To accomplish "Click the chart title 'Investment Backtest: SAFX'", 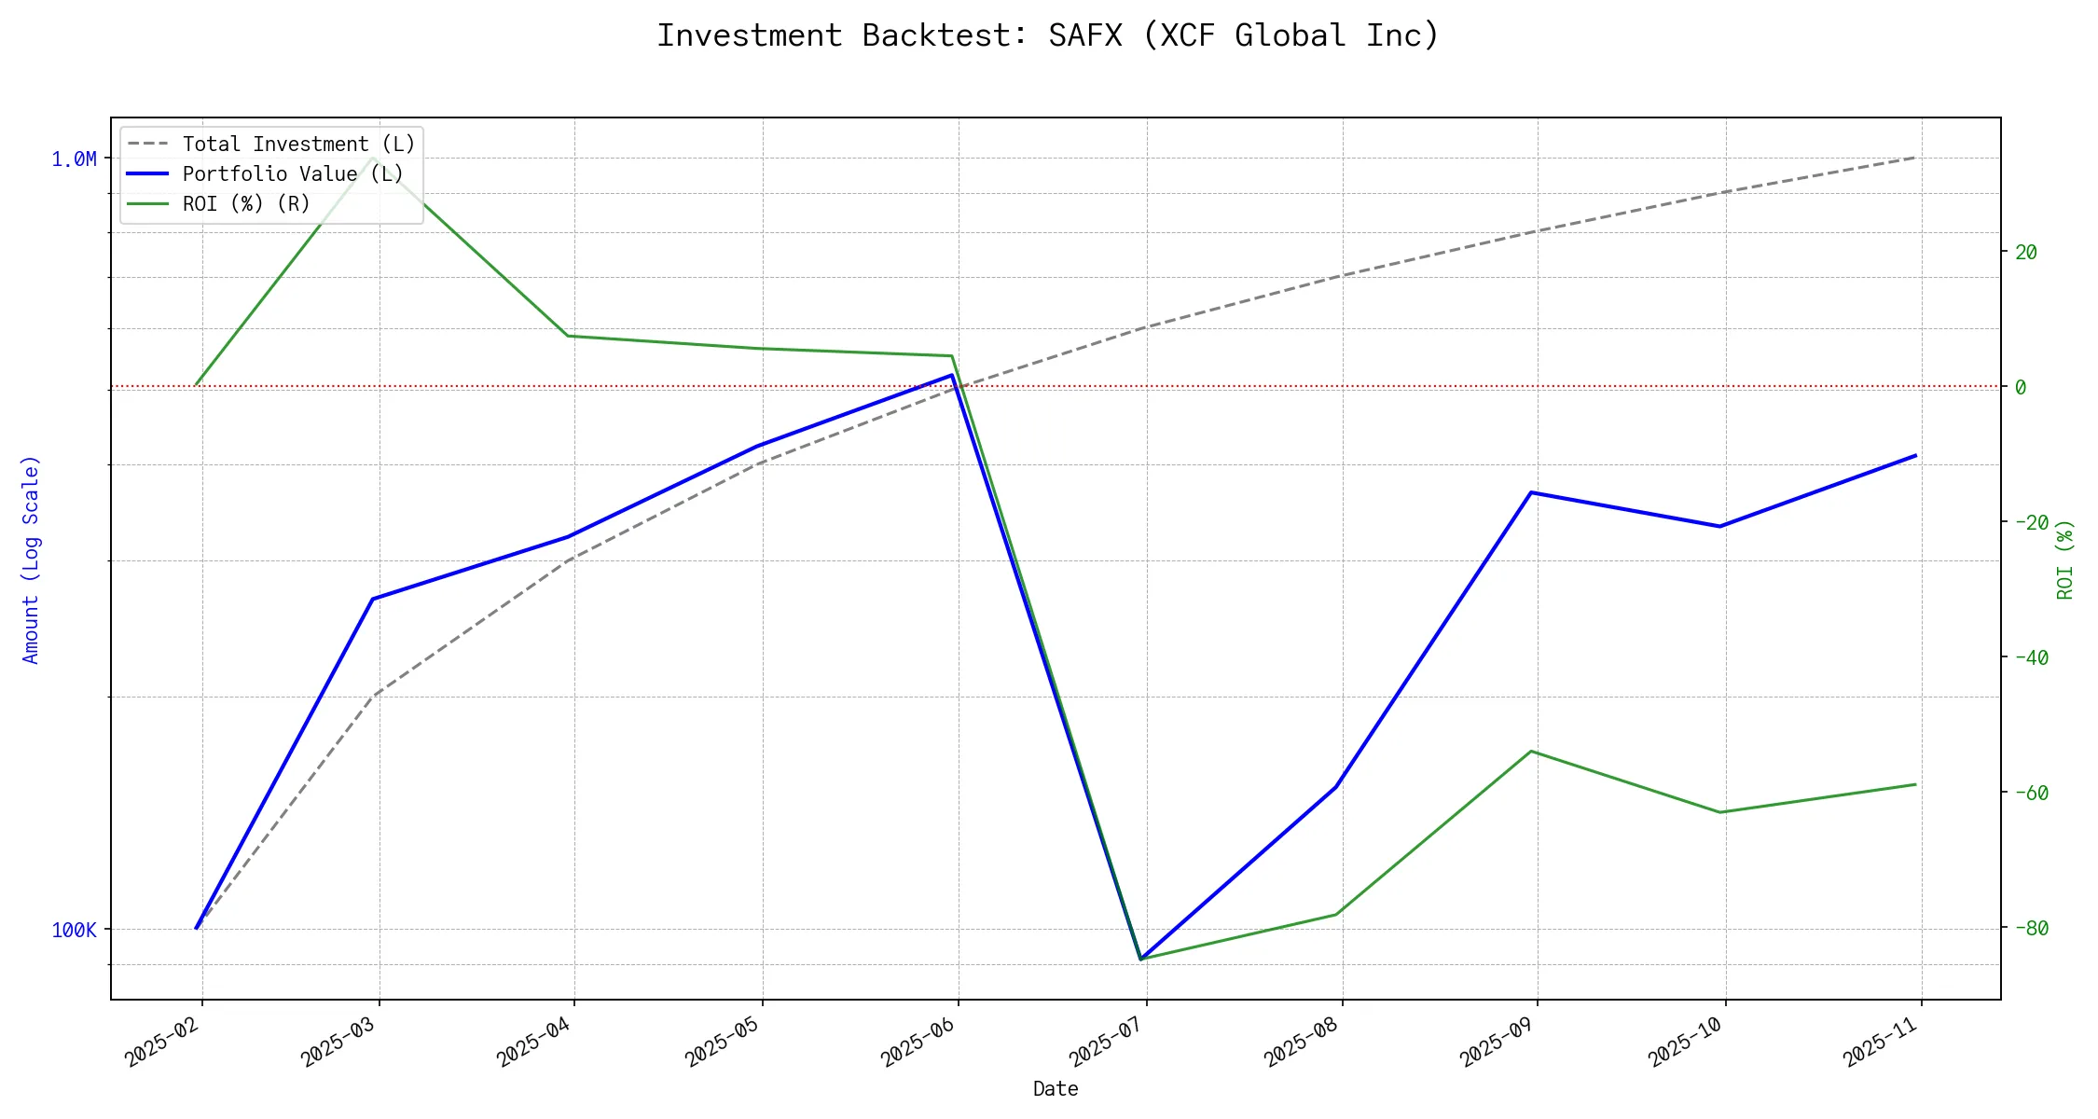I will [x=1048, y=35].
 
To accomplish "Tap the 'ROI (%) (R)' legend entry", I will [x=246, y=204].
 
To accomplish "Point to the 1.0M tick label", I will [x=74, y=159].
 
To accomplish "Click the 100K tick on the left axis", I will [x=74, y=930].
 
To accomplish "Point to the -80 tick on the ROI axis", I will [x=2032, y=928].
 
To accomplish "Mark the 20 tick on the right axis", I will [x=2026, y=252].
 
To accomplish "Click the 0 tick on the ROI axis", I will [x=2021, y=387].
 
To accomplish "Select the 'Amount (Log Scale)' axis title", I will [x=32, y=559].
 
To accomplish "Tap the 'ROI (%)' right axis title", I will [x=2065, y=559].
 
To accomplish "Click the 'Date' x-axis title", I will [x=1056, y=1088].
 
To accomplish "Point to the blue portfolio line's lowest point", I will [x=1140, y=959].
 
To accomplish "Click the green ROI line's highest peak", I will [x=374, y=157].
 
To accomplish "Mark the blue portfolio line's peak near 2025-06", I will [x=952, y=375].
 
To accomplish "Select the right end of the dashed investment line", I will [x=1916, y=157].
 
